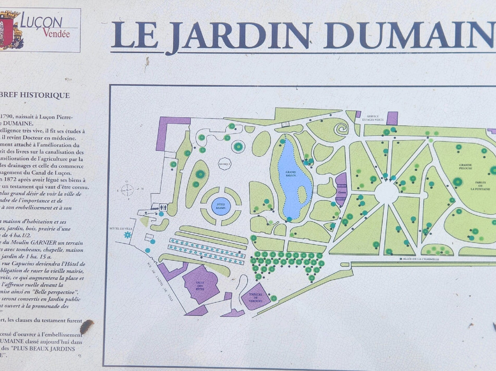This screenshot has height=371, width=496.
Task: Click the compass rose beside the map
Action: point(127,189)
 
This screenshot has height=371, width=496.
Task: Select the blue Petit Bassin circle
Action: point(221,206)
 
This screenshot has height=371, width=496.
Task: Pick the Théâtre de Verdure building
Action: point(256,296)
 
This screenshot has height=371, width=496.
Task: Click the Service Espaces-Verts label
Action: point(372,118)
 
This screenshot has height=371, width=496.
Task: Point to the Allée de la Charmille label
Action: point(419,259)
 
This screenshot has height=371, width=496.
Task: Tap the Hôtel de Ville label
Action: point(120,228)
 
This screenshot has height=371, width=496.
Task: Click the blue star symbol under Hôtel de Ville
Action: point(128,235)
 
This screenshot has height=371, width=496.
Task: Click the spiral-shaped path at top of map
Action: point(341,129)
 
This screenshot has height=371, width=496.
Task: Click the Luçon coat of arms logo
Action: point(11,30)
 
